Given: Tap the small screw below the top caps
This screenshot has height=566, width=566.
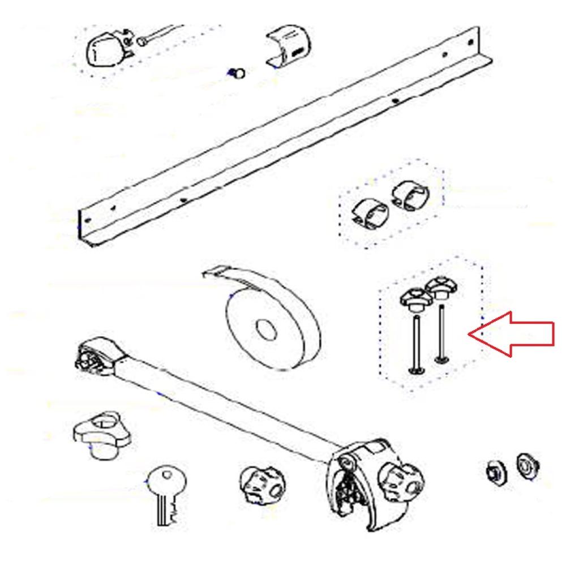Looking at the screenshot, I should click(x=238, y=72).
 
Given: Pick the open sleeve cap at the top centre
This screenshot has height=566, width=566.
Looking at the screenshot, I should click(x=289, y=46).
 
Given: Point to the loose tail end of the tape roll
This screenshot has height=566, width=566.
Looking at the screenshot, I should click(x=218, y=273).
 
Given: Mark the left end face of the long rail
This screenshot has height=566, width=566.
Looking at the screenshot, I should click(x=86, y=226).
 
